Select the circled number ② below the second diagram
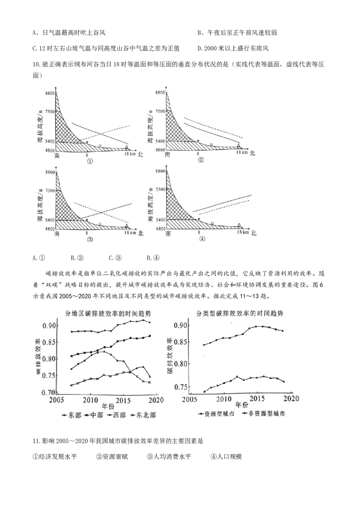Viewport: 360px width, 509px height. click(x=200, y=160)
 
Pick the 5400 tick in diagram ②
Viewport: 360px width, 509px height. click(x=159, y=142)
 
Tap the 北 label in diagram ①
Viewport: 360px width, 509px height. click(x=140, y=154)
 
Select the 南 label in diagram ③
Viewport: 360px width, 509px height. click(x=57, y=234)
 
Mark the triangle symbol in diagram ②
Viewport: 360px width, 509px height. click(x=238, y=145)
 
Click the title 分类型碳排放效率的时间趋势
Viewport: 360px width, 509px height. click(x=242, y=313)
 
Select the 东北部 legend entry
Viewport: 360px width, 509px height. click(x=143, y=415)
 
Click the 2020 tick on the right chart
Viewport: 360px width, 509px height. click(x=292, y=398)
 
